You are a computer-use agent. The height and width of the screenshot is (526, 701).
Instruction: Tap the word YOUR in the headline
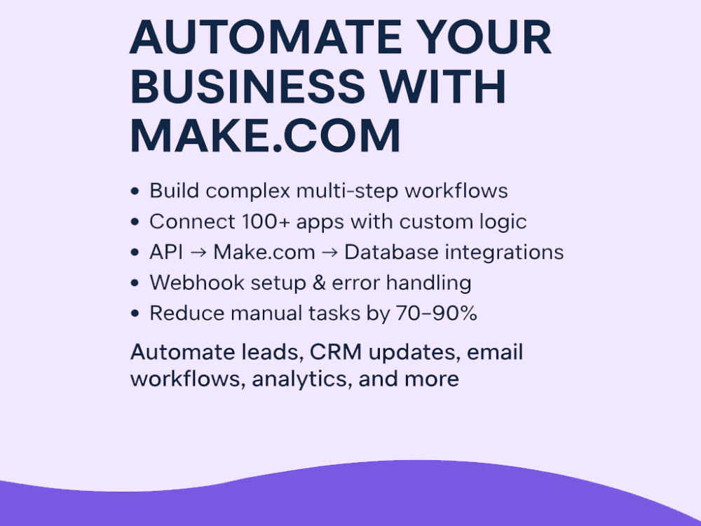[486, 36]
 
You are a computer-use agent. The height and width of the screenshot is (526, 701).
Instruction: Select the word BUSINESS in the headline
[247, 86]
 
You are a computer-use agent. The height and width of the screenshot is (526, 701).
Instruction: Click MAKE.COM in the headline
[265, 135]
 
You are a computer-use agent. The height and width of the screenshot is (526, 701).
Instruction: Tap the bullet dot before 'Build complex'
[135, 191]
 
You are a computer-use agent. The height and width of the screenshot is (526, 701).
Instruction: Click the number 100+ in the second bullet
[266, 222]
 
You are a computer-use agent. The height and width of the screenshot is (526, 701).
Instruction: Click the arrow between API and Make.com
[198, 252]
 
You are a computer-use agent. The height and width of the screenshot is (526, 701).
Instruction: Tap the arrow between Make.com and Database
[329, 252]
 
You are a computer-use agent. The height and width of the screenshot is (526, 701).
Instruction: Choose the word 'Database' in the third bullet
[391, 252]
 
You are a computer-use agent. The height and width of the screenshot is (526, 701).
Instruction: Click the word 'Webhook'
[197, 283]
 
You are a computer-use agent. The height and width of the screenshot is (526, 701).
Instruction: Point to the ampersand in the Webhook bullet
[319, 283]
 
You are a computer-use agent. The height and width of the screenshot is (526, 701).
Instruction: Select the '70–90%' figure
[436, 313]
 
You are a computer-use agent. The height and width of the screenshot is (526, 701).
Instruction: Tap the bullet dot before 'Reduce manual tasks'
[135, 313]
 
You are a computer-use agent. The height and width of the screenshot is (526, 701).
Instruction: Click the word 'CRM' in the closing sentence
[336, 353]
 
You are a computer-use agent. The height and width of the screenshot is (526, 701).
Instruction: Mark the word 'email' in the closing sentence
[495, 352]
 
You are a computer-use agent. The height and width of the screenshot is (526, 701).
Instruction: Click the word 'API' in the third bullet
[166, 252]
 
